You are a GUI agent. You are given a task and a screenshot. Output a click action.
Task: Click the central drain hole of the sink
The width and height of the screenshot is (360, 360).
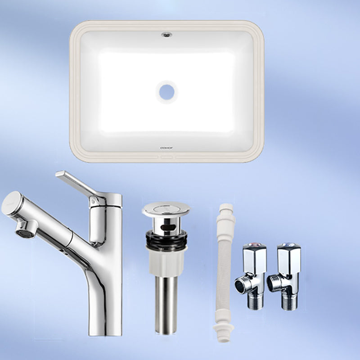(166, 92)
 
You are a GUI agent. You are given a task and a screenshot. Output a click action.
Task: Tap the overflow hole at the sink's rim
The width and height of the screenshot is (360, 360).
(166, 33)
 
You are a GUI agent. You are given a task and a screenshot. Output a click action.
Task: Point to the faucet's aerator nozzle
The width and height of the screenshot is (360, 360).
(26, 228)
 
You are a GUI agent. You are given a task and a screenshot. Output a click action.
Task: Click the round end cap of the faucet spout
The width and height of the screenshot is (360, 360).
(11, 203)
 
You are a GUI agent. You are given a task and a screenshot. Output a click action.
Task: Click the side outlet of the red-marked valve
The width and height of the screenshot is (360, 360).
(241, 284)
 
